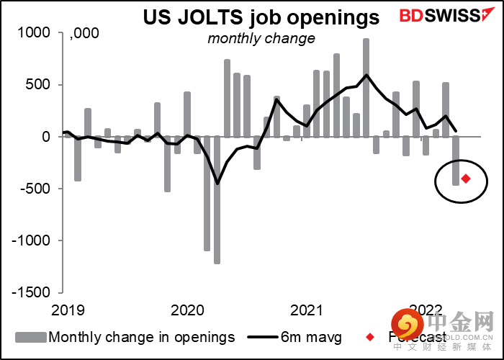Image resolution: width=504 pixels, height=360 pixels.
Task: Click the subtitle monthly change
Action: pos(261,38)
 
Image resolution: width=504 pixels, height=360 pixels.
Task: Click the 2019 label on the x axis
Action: pos(68,310)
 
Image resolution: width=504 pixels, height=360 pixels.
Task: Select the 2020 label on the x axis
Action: pos(187,310)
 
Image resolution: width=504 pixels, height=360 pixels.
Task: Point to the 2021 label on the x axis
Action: pos(306,310)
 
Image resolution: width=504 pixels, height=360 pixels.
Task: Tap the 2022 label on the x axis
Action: pos(425,310)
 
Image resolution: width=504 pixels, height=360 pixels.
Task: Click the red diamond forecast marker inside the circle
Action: pos(466,179)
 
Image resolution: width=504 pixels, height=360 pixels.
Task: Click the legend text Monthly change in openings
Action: pos(141,337)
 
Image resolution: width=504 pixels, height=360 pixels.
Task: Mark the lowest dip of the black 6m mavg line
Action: pos(217,183)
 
